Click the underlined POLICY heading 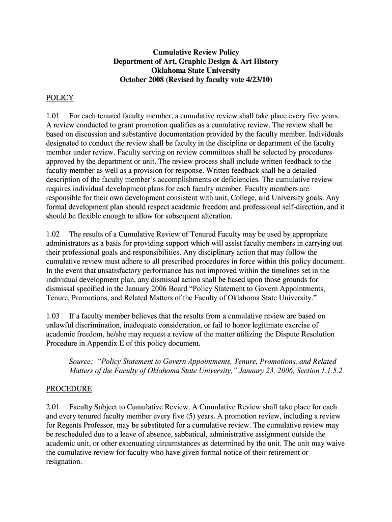60,98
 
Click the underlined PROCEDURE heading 69,389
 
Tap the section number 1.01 53,117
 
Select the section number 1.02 53,234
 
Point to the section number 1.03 53,316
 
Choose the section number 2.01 53,407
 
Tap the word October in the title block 133,80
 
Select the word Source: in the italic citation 81,361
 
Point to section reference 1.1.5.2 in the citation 328,371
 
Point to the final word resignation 64,462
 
